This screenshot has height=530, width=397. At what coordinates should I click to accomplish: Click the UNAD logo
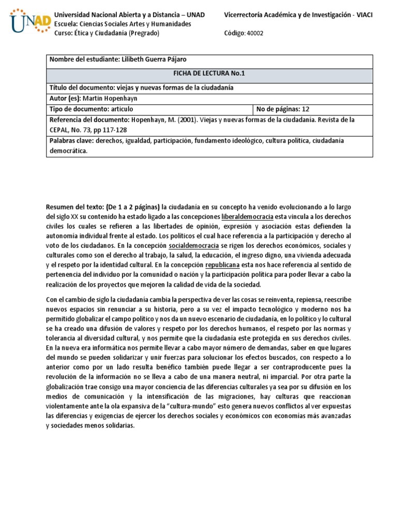(x=29, y=21)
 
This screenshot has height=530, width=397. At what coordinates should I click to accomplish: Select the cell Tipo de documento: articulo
(x=91, y=109)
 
